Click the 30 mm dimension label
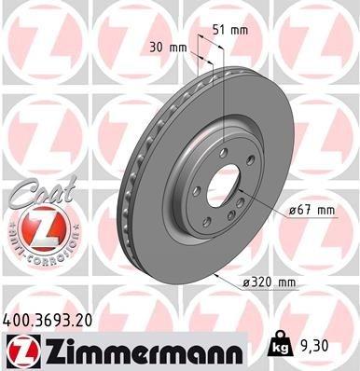click(x=165, y=48)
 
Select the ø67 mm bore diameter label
click(x=312, y=210)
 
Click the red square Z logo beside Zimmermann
click(x=20, y=351)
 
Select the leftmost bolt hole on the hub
click(x=195, y=192)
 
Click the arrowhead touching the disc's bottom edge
click(x=215, y=276)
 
